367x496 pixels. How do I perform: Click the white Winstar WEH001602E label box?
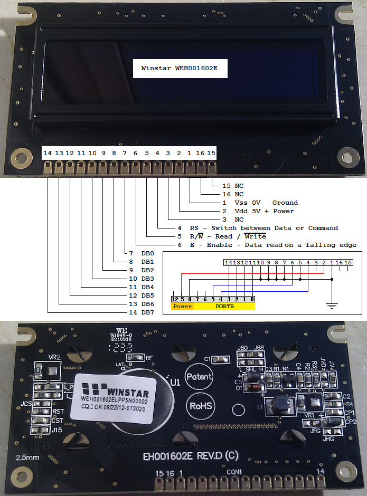180,68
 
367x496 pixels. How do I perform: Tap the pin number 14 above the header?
48,153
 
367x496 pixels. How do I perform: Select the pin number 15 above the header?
211,153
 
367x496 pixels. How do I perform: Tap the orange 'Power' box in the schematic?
182,306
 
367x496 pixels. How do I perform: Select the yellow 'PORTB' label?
225,306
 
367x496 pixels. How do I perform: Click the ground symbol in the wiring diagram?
331,304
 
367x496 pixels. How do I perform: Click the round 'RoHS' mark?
201,406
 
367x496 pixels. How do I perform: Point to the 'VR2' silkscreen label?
54,357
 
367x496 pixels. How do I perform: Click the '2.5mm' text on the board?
26,457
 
